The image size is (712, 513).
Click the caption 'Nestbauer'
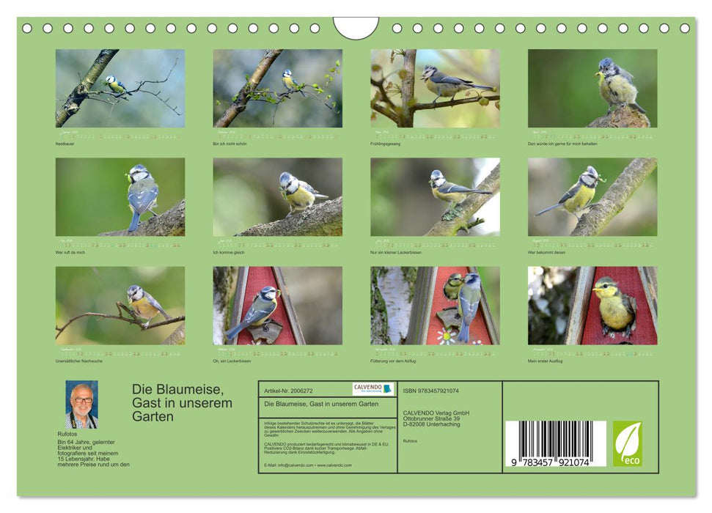point(65,144)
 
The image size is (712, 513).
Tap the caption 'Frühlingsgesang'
point(384,144)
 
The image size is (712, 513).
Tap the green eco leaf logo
point(627,443)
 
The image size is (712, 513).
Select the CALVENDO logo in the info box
point(372,389)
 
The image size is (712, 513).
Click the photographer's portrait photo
point(81,405)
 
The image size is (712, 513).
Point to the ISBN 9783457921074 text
point(430,391)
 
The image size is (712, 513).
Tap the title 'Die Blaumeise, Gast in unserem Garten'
point(182,403)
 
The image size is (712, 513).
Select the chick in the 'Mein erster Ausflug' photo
point(614,306)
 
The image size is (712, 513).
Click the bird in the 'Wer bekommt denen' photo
point(580,193)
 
